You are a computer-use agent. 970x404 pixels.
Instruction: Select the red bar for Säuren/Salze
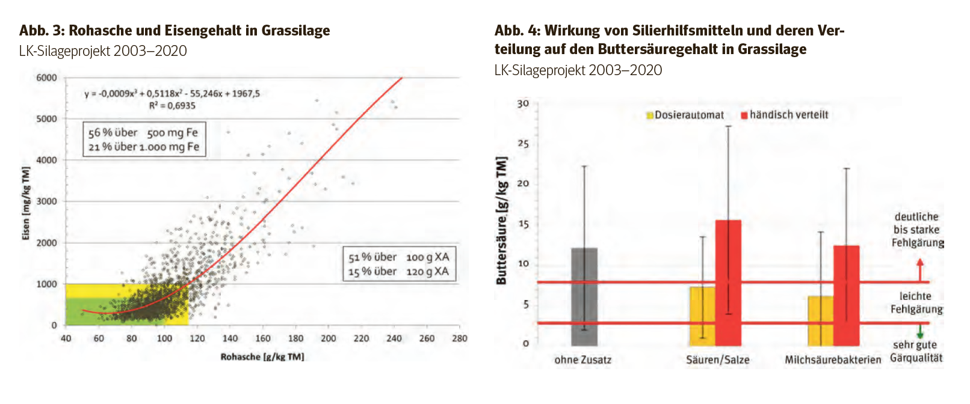pos(728,283)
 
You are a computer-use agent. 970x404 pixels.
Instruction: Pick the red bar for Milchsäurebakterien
pos(846,295)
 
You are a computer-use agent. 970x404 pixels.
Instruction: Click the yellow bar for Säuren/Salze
pos(702,316)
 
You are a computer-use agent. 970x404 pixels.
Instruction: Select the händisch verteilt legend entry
pos(785,115)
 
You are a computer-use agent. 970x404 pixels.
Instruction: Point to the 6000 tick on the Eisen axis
pos(46,78)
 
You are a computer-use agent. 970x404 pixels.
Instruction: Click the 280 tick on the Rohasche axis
pos(460,338)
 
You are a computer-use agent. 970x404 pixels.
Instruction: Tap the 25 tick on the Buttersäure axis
pos(523,144)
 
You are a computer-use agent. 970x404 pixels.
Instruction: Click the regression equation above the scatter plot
pos(172,94)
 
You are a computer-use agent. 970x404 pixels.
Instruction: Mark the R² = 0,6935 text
pos(172,106)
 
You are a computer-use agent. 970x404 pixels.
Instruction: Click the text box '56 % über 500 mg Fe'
pos(143,139)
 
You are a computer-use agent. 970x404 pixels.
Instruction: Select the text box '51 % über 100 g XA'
pos(398,264)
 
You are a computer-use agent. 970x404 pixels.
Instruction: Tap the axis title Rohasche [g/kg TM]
pos(262,357)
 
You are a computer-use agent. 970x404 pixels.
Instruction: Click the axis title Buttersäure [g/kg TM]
pos(501,221)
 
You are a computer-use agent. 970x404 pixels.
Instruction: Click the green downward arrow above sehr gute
pos(919,332)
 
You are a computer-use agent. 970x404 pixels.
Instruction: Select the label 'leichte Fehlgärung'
pos(916,302)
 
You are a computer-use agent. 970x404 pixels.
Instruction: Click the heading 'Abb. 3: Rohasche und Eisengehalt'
pos(175,31)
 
